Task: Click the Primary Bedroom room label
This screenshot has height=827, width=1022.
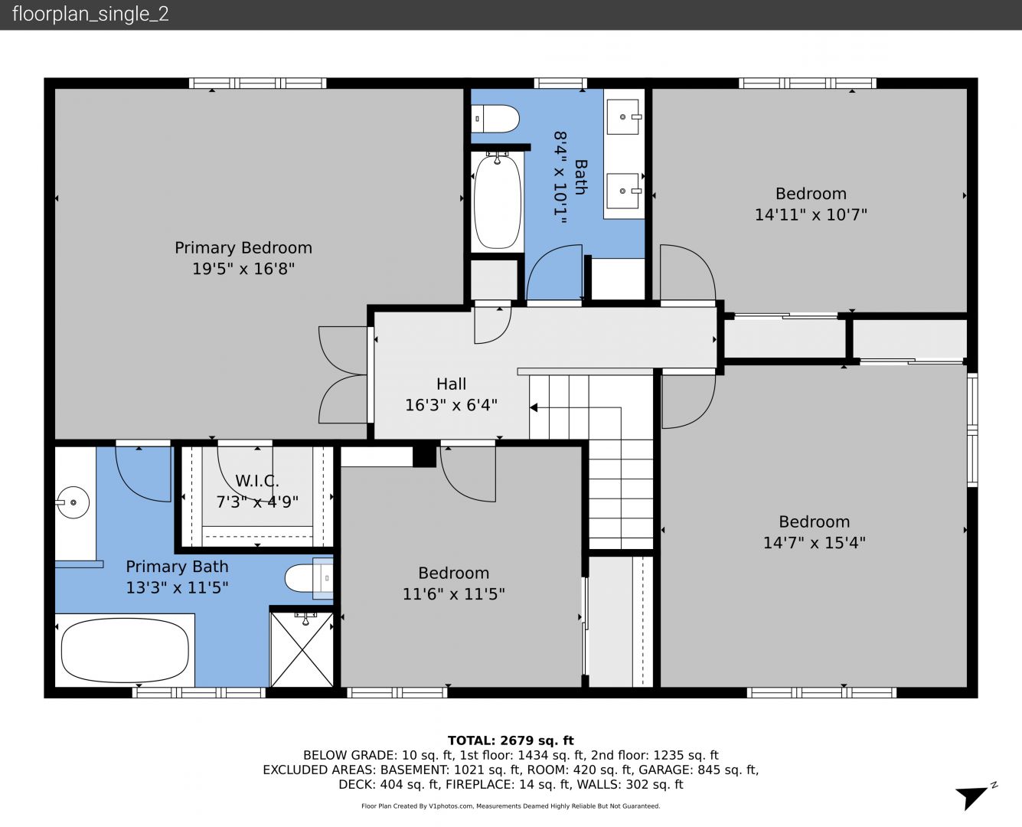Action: pos(243,247)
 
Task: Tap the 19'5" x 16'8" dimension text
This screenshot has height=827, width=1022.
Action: pos(243,268)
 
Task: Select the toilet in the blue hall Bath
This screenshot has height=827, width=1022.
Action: pos(495,119)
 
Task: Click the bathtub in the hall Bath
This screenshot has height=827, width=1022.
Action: pos(497,201)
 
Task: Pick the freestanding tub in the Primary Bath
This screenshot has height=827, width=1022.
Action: pos(125,650)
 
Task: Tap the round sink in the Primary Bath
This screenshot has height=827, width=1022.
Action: pos(73,502)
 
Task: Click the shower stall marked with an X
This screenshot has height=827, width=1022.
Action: pos(302,649)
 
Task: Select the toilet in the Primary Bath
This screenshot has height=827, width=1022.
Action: pos(309,578)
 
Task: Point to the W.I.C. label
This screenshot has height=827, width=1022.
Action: pos(256,480)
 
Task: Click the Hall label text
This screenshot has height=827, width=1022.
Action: pos(451,384)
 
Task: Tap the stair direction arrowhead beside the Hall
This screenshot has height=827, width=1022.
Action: pos(533,407)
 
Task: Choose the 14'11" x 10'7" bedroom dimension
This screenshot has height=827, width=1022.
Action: pos(811,214)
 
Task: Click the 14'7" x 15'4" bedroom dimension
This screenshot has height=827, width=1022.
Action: pos(815,542)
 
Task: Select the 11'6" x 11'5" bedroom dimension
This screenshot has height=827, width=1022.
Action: pos(453,594)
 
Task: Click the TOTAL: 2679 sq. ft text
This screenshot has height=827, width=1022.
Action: pos(511,740)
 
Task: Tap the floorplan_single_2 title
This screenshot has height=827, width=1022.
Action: pos(90,15)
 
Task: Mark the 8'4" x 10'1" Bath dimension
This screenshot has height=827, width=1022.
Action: pos(560,178)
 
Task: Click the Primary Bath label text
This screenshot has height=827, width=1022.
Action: pos(177,567)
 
